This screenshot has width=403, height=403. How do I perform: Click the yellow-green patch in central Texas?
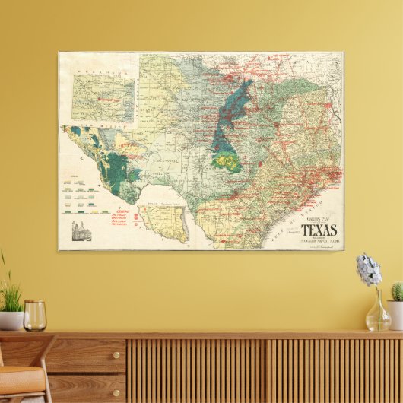pyautogui.click(x=226, y=161)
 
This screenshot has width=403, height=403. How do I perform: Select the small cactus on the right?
pyautogui.click(x=397, y=291)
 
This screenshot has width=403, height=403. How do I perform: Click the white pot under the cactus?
pyautogui.click(x=395, y=314)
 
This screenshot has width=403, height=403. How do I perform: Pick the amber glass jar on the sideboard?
pyautogui.click(x=34, y=315)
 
